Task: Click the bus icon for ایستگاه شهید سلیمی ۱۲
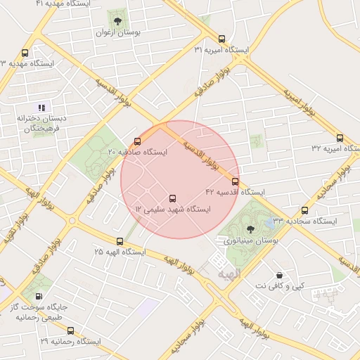click(x=173, y=198)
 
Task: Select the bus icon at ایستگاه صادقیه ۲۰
click(x=137, y=141)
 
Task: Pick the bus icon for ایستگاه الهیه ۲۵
click(x=119, y=241)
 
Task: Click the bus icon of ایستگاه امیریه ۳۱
click(x=222, y=39)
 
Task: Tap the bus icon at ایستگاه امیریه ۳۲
click(x=340, y=138)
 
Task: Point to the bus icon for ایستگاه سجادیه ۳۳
click(x=304, y=210)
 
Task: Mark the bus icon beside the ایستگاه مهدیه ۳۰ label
click(x=25, y=53)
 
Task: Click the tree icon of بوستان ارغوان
click(x=117, y=21)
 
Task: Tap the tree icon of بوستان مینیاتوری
click(x=250, y=228)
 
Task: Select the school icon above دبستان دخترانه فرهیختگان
click(x=41, y=108)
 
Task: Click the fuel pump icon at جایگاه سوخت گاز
click(x=38, y=296)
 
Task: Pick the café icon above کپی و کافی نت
click(x=280, y=274)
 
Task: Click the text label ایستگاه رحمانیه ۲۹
click(x=71, y=341)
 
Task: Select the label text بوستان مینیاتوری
click(x=251, y=240)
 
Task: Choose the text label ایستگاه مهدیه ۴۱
click(x=60, y=4)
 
